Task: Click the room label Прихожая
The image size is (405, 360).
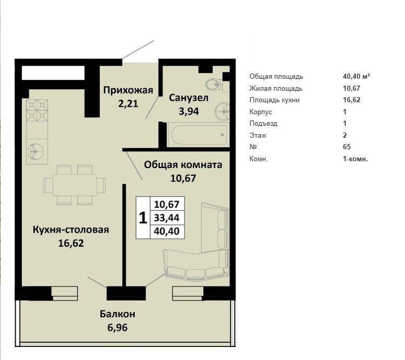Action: pyautogui.click(x=128, y=90)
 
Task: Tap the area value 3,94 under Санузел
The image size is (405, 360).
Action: pyautogui.click(x=189, y=111)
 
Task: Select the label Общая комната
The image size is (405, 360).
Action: pyautogui.click(x=183, y=165)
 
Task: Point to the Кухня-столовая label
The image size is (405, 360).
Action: pyautogui.click(x=71, y=230)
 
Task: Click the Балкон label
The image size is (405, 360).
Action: pyautogui.click(x=117, y=314)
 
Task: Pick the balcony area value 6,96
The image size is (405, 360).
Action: pyautogui.click(x=117, y=328)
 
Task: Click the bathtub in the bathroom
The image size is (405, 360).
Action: pyautogui.click(x=198, y=135)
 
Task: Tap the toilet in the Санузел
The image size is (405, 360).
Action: pyautogui.click(x=213, y=83)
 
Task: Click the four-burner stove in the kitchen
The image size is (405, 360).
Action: pyautogui.click(x=37, y=111)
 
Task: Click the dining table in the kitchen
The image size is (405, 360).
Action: pyautogui.click(x=75, y=185)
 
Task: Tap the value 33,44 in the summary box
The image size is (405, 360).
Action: pyautogui.click(x=166, y=218)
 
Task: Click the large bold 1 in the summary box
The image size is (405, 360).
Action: pyautogui.click(x=143, y=218)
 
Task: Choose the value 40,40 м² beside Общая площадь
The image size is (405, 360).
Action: pyautogui.click(x=356, y=77)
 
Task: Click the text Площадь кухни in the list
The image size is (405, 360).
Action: pyautogui.click(x=275, y=100)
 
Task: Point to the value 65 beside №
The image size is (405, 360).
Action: pyautogui.click(x=347, y=147)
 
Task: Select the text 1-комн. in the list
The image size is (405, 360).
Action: pyautogui.click(x=355, y=159)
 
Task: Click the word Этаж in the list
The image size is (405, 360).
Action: pyautogui.click(x=258, y=135)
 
